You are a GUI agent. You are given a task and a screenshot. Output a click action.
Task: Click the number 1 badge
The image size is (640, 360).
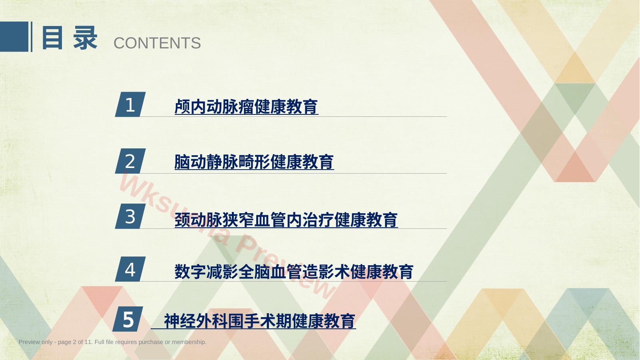[130, 104]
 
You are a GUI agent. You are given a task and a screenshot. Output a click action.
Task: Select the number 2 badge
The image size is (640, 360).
[130, 161]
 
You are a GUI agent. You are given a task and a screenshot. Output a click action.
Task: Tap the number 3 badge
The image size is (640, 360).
[130, 216]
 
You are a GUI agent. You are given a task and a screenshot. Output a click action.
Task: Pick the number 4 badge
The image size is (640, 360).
[130, 269]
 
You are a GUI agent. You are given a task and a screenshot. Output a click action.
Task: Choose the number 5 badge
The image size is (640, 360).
[128, 319]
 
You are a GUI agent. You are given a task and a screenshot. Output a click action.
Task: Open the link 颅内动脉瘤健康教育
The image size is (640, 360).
[246, 107]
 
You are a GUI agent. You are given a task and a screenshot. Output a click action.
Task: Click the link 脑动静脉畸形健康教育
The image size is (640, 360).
[254, 162]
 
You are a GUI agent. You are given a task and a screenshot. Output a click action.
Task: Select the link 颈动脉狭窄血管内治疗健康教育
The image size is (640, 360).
[286, 220]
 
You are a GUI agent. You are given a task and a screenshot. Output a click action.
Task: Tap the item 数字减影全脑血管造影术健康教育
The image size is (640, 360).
[294, 271]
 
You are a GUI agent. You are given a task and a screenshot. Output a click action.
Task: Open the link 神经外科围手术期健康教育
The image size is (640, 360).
[259, 321]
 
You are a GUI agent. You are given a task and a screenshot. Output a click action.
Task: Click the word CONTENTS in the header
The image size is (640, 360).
[157, 43]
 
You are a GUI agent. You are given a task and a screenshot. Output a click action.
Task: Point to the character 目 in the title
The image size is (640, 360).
[52, 38]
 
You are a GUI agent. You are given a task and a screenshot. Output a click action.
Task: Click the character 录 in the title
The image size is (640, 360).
[85, 38]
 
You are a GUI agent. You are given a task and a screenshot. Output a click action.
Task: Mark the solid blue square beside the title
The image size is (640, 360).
[14, 37]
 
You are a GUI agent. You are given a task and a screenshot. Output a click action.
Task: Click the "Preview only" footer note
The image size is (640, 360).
[112, 342]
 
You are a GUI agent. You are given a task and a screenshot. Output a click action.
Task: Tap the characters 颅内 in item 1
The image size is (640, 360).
[190, 107]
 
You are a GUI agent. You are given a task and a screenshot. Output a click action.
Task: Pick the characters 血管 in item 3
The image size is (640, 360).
[270, 220]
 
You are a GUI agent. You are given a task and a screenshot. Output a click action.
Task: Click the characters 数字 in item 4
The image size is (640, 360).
[190, 271]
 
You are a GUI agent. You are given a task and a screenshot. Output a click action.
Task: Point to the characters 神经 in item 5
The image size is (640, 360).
[179, 321]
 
